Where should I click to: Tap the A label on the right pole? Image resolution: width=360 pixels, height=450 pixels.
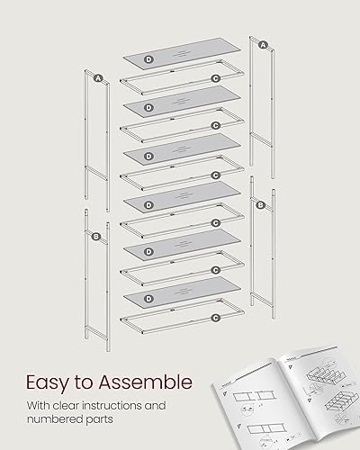pyautogui.click(x=263, y=44)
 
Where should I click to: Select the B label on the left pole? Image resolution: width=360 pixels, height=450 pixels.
pyautogui.click(x=96, y=237)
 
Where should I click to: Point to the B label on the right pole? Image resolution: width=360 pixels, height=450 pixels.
pyautogui.click(x=260, y=205)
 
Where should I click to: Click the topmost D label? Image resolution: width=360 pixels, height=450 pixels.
pyautogui.click(x=148, y=58)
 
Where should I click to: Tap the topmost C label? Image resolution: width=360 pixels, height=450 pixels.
pyautogui.click(x=215, y=79)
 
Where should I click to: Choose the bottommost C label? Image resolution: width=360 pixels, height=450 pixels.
pyautogui.click(x=215, y=318)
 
